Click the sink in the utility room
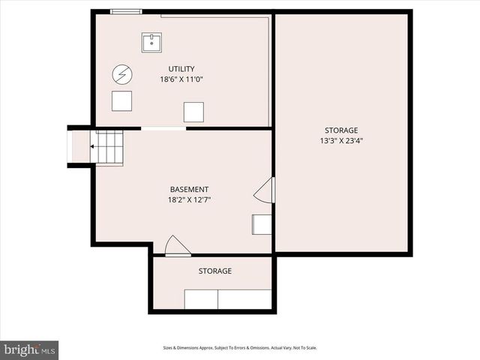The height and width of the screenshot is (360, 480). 151,41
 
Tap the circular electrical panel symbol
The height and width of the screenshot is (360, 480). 121,73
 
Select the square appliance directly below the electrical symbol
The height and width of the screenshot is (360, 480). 121,100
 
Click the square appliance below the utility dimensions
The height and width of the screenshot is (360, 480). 193,112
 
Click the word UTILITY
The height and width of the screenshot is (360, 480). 181,69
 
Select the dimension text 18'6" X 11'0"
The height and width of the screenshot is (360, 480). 181,79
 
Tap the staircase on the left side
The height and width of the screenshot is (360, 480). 106,146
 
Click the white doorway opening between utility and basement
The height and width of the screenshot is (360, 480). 163,129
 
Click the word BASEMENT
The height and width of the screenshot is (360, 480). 189,190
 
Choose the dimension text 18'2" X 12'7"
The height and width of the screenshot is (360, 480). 189,200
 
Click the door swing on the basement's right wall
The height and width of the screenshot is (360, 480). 265,190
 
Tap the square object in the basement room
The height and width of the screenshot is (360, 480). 262,223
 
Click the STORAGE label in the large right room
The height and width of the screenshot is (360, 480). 341,130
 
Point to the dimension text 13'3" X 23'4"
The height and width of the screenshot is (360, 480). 341,140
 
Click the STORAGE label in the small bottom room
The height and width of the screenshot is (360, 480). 214,271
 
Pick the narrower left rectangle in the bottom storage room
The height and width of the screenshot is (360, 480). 201,299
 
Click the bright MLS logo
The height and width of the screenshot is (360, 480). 30,349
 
